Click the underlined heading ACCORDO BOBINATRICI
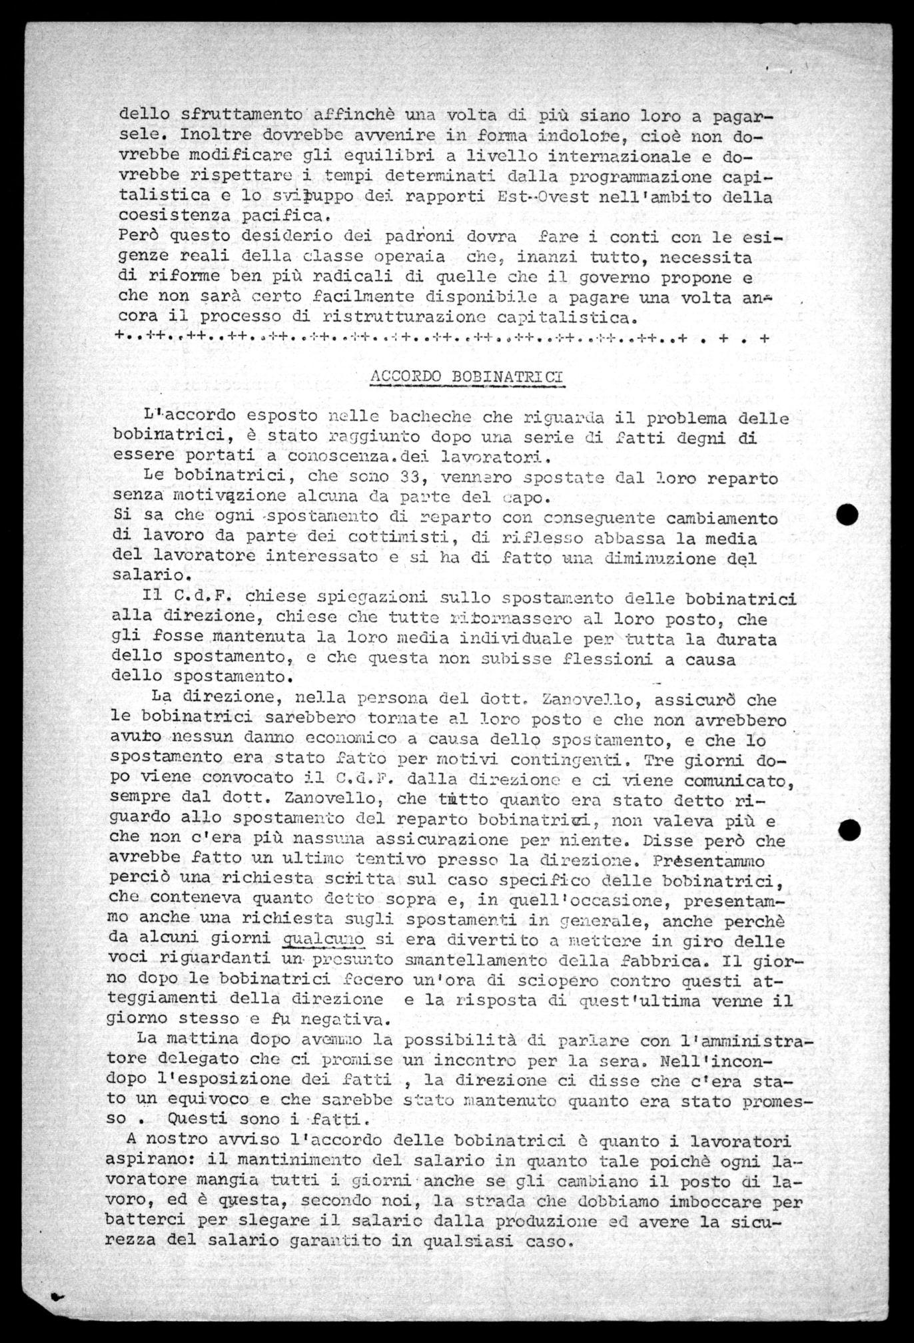click(x=466, y=376)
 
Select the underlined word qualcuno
click(x=324, y=941)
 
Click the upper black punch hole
click(x=848, y=515)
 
